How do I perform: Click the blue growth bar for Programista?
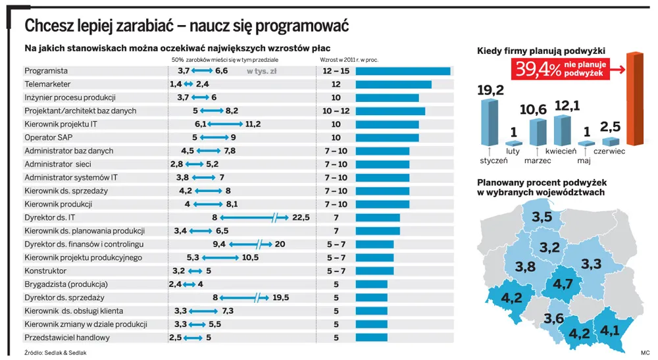pos(403,71)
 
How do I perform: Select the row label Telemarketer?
pos(47,84)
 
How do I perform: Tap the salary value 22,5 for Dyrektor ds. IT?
pos(301,217)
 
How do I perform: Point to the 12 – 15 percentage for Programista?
pos(336,71)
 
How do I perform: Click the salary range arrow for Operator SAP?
pos(215,138)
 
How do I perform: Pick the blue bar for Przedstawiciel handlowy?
pos(371,338)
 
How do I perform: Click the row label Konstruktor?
pos(45,270)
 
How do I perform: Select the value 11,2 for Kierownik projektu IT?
pos(253,124)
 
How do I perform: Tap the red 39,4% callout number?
pos(538,70)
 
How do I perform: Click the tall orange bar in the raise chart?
pos(634,99)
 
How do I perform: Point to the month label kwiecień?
pos(561,151)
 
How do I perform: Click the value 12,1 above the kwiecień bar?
pos(567,106)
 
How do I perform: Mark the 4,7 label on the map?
pos(563,284)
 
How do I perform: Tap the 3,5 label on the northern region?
pos(542,217)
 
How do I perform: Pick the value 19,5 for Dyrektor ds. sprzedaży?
pos(280,297)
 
